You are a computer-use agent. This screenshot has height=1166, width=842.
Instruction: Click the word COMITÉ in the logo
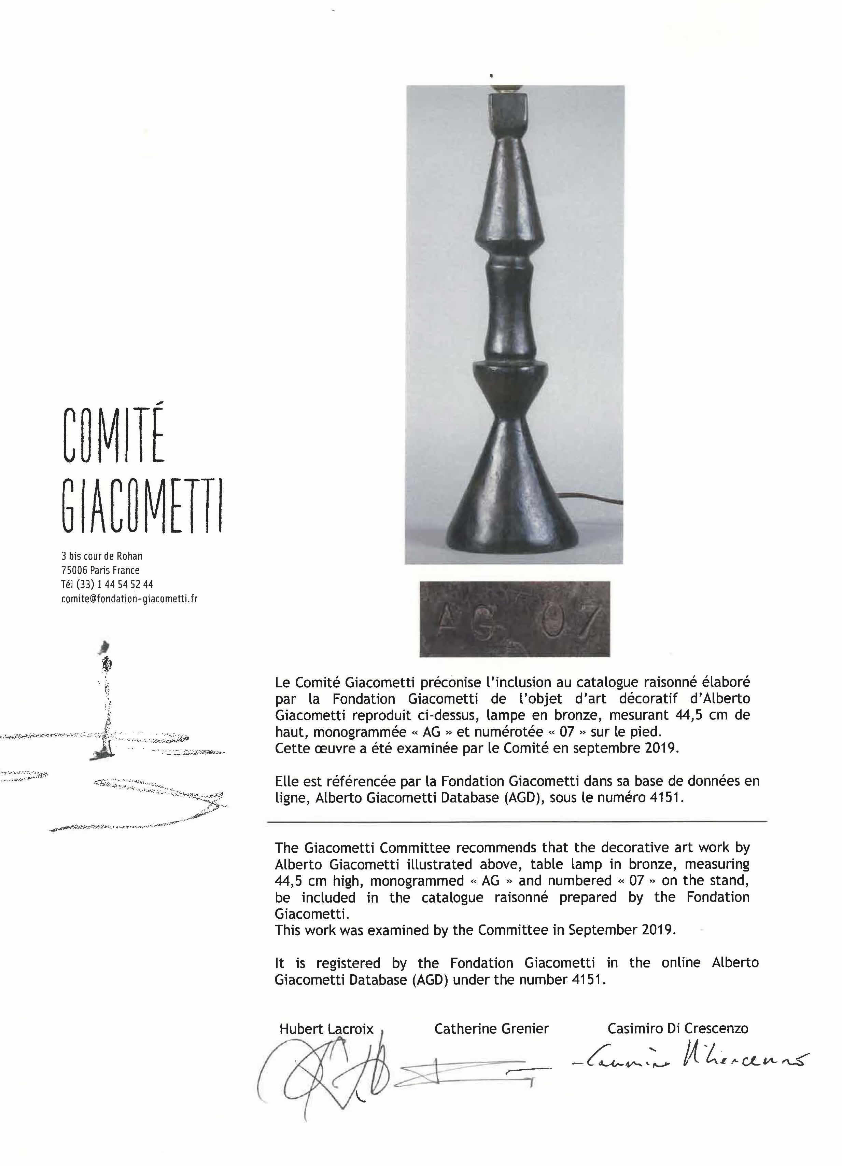114,435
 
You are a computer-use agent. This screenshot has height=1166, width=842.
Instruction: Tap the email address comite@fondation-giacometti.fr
129,599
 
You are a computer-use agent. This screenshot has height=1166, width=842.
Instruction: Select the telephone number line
107,584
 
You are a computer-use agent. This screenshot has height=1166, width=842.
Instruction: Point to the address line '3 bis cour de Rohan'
102,556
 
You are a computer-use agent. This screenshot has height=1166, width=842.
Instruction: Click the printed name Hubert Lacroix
326,1029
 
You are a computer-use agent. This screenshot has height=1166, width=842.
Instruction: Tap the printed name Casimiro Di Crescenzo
678,1029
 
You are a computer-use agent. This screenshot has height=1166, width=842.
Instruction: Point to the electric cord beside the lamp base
596,498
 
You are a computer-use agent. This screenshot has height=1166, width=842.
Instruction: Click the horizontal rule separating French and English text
516,822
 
